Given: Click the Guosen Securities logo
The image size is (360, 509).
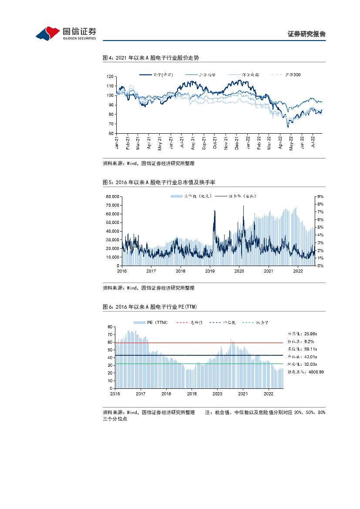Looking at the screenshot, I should coord(65,33).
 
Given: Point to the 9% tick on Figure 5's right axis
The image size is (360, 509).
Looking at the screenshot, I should coord(320,196).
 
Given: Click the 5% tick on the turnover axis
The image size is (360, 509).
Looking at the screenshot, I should coord(320,227).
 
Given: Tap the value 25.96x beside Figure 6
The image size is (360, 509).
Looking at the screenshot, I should coord(310,334).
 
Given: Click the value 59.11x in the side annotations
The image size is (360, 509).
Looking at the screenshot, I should coord(310,349).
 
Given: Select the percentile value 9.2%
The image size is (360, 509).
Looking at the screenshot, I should coord(307,341).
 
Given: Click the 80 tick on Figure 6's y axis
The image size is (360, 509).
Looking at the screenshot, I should coord(110,326).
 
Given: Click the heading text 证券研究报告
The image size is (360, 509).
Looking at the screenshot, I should coord(306,34).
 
